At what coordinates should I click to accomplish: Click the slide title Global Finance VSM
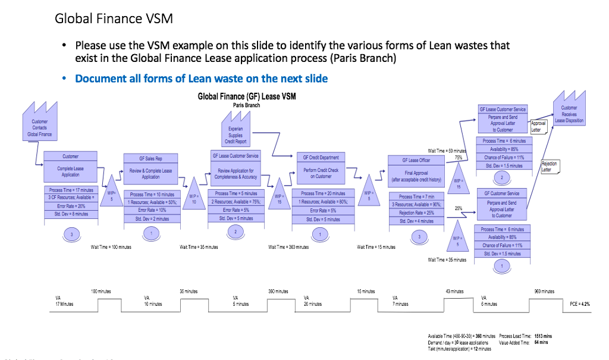[114, 18]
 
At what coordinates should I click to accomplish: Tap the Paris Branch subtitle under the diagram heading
[246, 105]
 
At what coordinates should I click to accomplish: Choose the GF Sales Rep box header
[150, 159]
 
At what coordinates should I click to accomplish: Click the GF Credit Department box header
[321, 158]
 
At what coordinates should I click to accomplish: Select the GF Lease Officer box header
[416, 161]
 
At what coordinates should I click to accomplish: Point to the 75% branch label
[458, 158]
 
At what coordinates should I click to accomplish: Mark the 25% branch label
[458, 208]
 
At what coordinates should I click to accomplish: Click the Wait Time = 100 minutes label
[111, 247]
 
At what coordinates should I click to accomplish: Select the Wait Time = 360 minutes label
[288, 247]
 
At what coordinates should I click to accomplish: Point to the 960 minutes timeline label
[545, 292]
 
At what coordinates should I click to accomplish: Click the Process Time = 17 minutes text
[70, 190]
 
